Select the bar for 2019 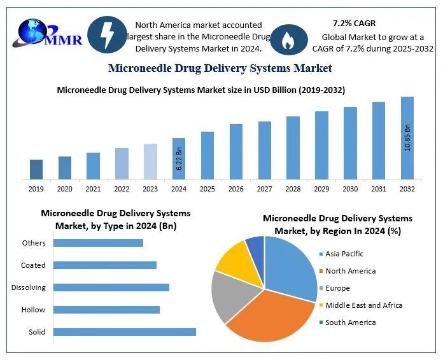click(36, 169)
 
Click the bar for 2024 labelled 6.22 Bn click(179, 158)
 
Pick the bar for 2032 click(407, 137)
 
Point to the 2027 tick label click(264, 189)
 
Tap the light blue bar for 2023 click(150, 161)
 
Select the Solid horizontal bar click(124, 331)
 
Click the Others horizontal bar click(98, 242)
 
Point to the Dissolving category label click(29, 287)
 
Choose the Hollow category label click(33, 310)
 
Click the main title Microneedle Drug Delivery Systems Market click(220, 68)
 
